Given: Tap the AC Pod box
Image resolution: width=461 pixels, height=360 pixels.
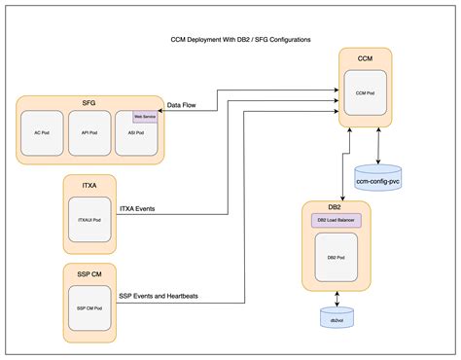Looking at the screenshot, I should (43, 133).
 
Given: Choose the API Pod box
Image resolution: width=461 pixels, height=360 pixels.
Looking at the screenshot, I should (90, 133).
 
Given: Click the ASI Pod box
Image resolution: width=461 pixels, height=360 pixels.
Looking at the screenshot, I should (136, 136).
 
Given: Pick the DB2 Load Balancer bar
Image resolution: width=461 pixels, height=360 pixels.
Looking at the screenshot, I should (336, 221).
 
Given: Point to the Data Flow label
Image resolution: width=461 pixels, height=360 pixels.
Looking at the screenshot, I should (185, 104).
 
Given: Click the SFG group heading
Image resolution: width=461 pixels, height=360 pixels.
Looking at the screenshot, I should (90, 101).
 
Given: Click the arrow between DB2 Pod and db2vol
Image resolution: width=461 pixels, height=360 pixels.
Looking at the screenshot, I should (336, 296).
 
